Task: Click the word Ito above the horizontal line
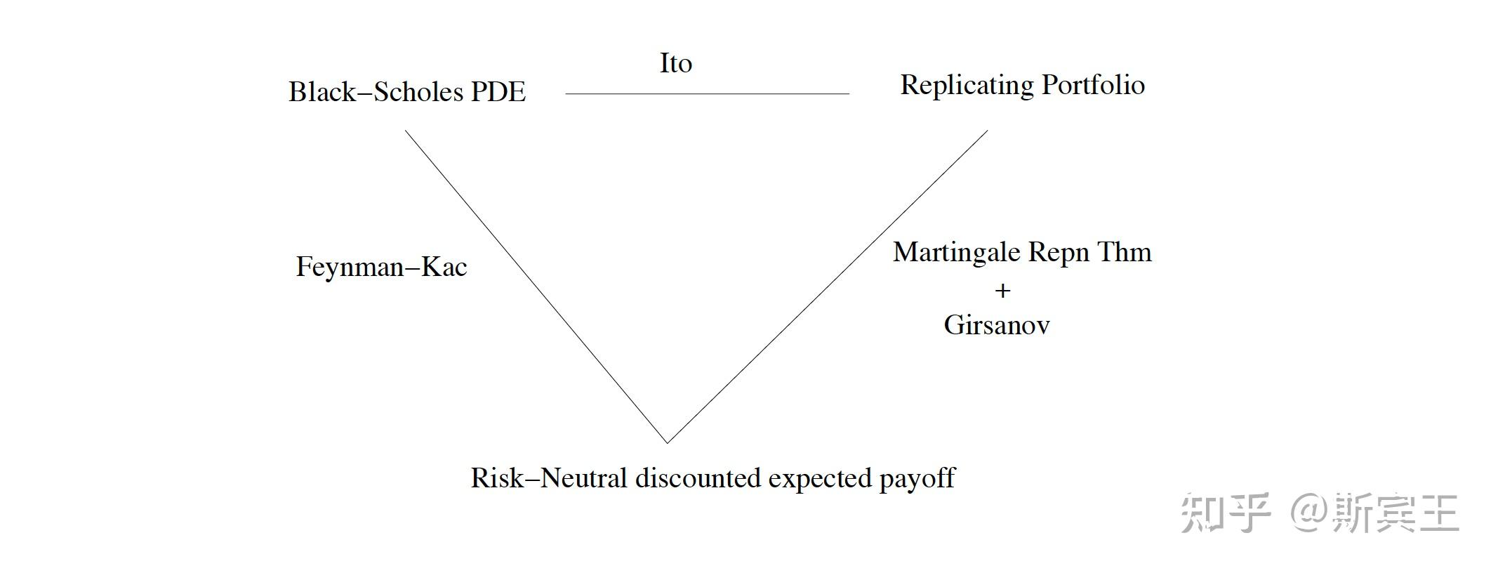(x=675, y=63)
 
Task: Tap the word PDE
(x=498, y=92)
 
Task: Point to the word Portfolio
(x=1093, y=86)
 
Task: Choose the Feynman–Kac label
(x=381, y=267)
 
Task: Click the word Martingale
(x=956, y=253)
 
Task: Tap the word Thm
(x=1125, y=252)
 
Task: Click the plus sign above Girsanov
(x=1002, y=291)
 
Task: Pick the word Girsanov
(x=996, y=325)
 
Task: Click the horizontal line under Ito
(x=707, y=93)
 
